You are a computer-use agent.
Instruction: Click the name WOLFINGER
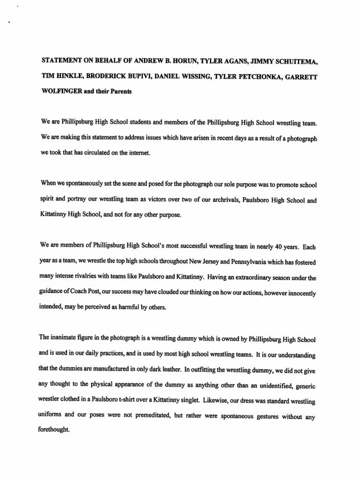tap(61, 91)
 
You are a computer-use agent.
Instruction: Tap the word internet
tap(139, 152)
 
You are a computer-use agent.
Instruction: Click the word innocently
tap(298, 293)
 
